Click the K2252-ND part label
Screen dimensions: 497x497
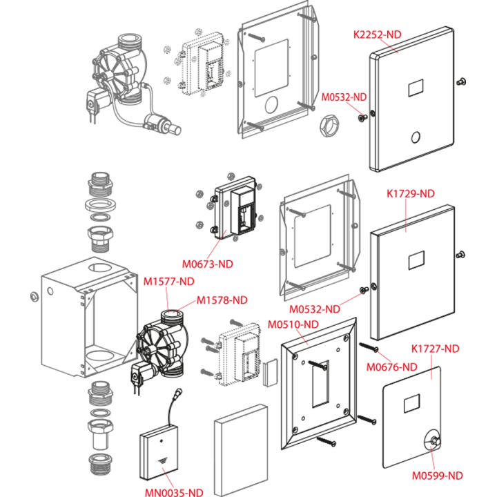[377, 35]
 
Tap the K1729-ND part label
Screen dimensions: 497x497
[411, 194]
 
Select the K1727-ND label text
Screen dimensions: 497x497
[435, 349]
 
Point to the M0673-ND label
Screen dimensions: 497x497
[208, 264]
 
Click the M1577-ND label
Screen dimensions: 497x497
[169, 282]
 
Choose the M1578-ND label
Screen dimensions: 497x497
[222, 300]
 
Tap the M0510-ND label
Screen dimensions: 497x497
[293, 324]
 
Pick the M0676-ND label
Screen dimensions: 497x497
[392, 367]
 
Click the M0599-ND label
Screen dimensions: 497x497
[438, 476]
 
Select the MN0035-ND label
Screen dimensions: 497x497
[174, 492]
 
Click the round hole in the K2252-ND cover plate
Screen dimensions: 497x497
[416, 137]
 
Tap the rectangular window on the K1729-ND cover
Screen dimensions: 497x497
[416, 260]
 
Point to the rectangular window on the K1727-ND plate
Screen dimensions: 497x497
[411, 404]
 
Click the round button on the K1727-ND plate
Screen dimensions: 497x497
[433, 441]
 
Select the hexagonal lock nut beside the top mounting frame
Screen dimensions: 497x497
[329, 126]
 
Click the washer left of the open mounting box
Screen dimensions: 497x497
[35, 297]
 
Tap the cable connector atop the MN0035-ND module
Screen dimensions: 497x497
[178, 392]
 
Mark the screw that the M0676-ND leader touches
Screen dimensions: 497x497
[369, 347]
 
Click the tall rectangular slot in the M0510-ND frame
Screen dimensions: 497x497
[320, 383]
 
